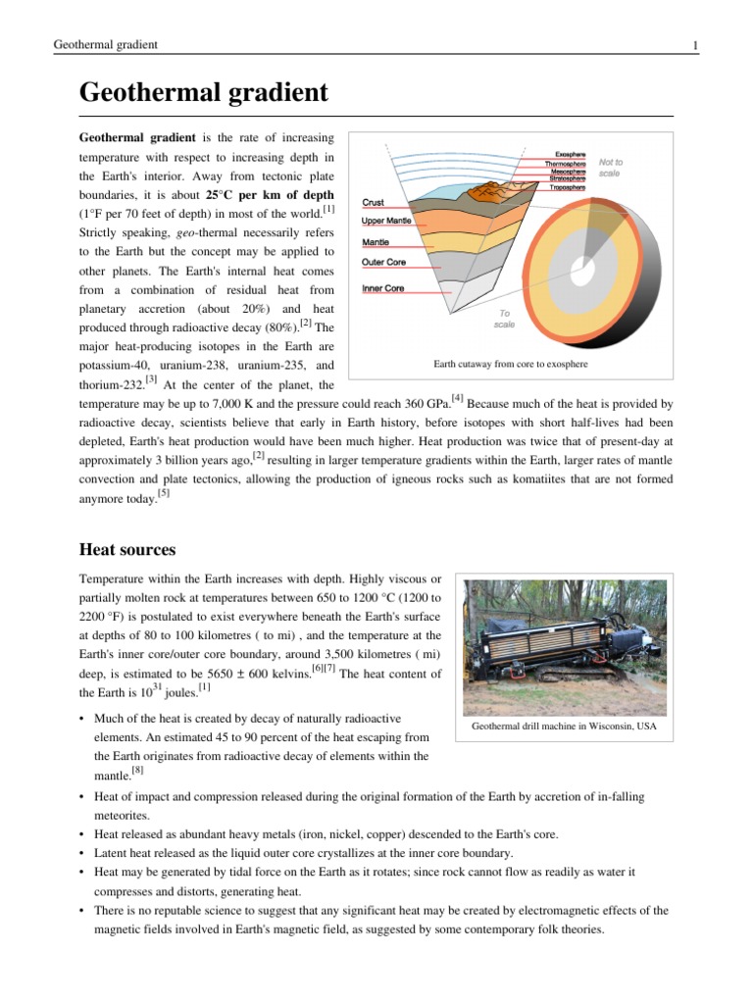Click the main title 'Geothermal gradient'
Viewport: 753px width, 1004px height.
(x=203, y=93)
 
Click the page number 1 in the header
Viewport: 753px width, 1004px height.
(x=694, y=45)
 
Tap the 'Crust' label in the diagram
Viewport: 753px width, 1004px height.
(x=374, y=202)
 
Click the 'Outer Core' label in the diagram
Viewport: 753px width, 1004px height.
(x=384, y=263)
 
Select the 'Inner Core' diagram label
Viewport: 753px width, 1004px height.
(x=382, y=288)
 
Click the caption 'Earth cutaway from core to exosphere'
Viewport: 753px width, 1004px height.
(x=511, y=365)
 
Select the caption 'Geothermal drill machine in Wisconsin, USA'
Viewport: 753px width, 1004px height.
(x=564, y=727)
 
